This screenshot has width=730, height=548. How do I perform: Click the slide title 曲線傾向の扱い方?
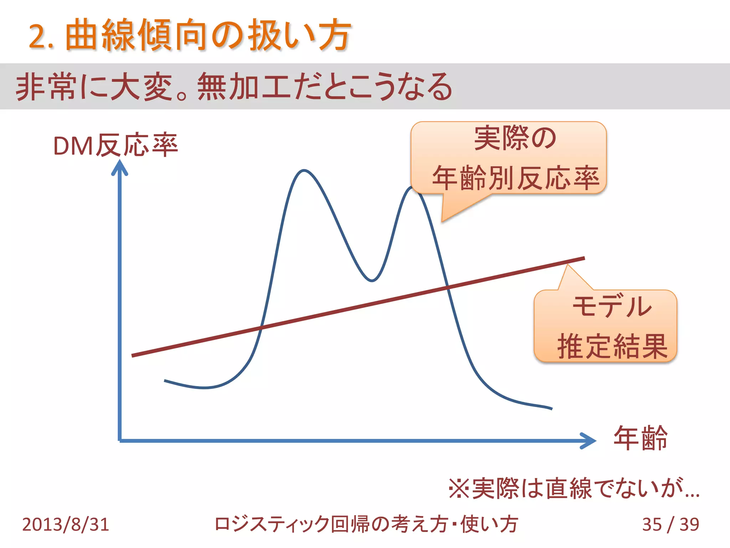(209, 36)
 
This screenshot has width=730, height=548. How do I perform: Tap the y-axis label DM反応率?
(115, 146)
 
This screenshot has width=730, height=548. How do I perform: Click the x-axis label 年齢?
(640, 438)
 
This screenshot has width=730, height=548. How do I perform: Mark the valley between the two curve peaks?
(372, 280)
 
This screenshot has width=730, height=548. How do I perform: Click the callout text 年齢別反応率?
(515, 178)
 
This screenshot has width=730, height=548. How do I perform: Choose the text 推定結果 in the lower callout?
(612, 346)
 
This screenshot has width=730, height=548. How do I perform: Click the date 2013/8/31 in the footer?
(66, 524)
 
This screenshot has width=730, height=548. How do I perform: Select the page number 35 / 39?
(670, 524)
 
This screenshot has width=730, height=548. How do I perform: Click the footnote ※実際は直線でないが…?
(574, 488)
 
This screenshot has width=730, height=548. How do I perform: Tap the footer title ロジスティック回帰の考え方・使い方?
(366, 524)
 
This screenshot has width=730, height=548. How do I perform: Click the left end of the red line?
(133, 355)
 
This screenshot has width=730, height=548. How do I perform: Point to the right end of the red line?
(584, 258)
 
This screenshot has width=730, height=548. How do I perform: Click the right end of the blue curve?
(551, 409)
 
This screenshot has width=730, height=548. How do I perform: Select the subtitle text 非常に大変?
(94, 87)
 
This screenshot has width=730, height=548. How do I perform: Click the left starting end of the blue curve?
(165, 381)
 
